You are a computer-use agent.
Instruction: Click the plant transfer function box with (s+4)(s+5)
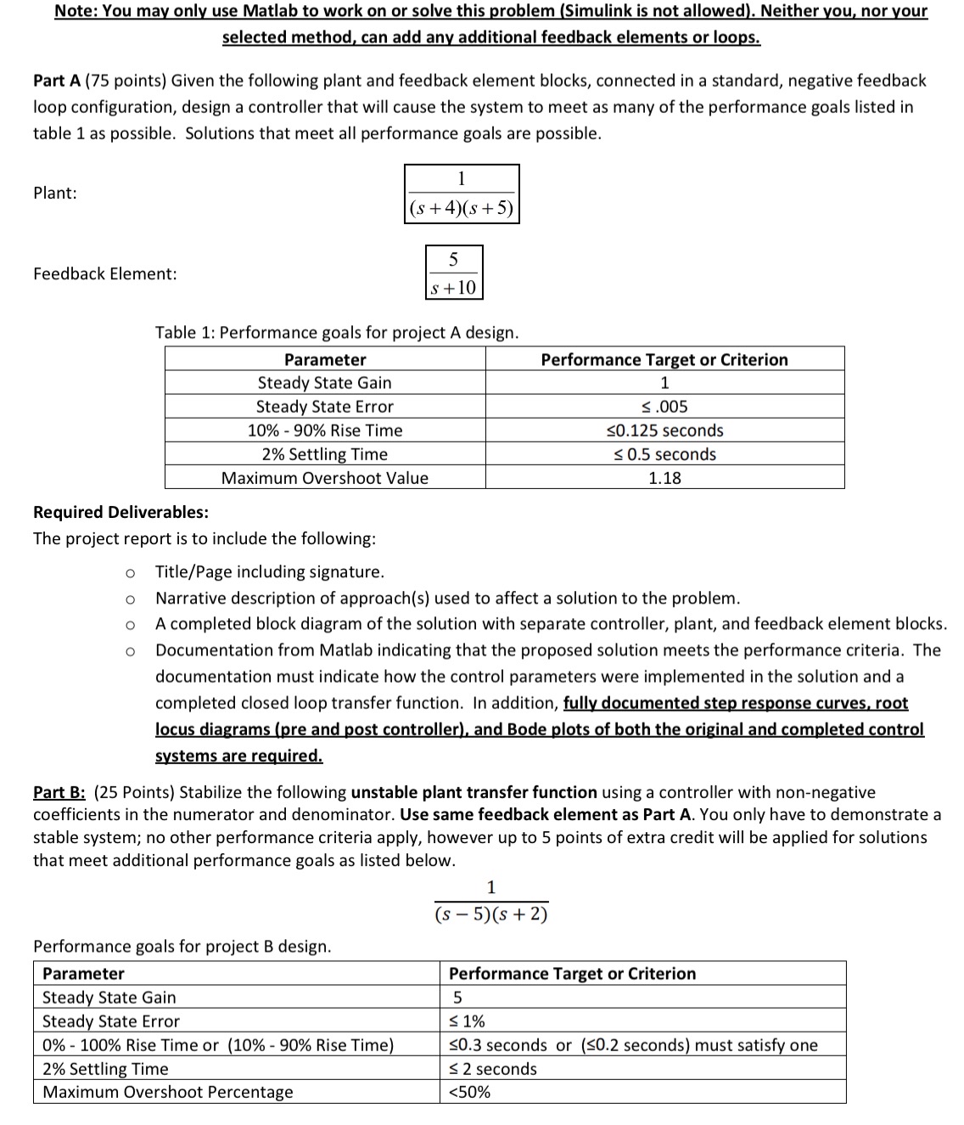pos(462,194)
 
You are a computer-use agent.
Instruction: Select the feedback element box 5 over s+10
pos(453,273)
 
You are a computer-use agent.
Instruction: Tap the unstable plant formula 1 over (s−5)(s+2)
pos(490,902)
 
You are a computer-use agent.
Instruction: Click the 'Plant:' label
pos(55,193)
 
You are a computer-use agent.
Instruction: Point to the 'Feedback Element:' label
pos(105,273)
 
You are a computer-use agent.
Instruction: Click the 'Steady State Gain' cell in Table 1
pos(324,383)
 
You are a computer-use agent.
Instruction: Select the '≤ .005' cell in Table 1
pos(664,407)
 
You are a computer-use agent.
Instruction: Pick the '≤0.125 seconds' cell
pos(664,430)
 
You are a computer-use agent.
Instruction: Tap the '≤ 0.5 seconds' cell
pos(664,454)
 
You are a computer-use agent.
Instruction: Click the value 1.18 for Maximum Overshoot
pos(664,478)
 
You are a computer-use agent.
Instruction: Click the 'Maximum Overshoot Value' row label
pos(324,478)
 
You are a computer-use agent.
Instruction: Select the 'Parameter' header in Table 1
pos(324,360)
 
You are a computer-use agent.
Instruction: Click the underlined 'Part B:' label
pos(59,792)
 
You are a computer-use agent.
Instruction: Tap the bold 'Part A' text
pos(57,81)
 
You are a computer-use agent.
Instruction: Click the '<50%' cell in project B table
pos(469,1092)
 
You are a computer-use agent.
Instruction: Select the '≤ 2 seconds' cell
pos(492,1069)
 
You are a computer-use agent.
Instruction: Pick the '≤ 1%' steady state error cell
pos(467,1021)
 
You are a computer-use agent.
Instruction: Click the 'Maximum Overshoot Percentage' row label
pos(168,1092)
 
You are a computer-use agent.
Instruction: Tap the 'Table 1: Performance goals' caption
pos(336,333)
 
